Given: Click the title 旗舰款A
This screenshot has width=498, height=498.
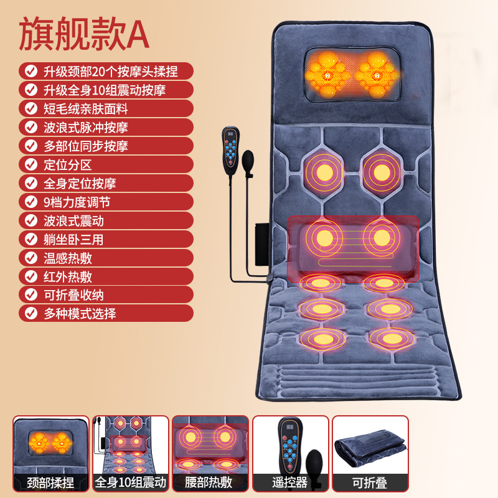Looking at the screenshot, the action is coord(84,34).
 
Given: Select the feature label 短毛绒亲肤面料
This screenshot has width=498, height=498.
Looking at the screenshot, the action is coord(86,109).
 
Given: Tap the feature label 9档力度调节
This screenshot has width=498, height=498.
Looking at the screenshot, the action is coord(77,202).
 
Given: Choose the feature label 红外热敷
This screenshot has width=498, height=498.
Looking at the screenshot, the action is coord(68,276).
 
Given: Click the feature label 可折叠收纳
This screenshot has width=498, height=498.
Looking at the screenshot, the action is coord(73,295).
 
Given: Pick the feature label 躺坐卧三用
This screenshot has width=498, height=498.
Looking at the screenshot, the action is coord(73,240).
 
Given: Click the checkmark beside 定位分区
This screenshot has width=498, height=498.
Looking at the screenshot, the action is coord(31,164).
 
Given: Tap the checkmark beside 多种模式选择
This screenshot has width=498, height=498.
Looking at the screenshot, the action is coord(31,314).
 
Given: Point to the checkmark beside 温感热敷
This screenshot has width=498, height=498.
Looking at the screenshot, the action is coord(31,258).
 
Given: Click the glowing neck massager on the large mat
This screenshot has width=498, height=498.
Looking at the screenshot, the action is coord(352,75).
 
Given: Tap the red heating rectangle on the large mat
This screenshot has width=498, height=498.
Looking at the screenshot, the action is coord(353,249).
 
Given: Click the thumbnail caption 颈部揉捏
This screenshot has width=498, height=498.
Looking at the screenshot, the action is coord(50,482).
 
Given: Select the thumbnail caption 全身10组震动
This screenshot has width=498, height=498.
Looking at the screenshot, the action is coord(131,482).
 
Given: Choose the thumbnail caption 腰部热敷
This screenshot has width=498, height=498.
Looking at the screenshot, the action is coord(209,482).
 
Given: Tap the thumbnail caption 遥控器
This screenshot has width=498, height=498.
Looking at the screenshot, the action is coord(289,482).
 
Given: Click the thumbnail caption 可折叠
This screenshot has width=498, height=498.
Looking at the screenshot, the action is coord(370,482).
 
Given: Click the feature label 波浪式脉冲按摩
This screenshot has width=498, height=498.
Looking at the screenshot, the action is coord(86,128).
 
